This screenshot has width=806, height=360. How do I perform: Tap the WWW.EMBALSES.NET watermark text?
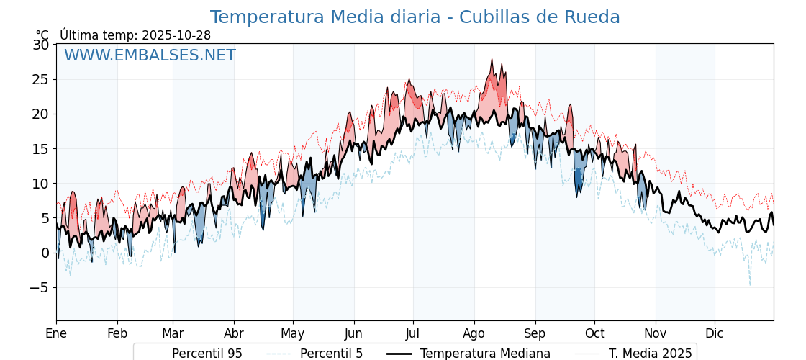pos(150,55)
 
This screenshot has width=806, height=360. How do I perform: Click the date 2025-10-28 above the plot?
pos(176,35)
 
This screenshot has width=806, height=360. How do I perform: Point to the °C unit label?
pos(42,35)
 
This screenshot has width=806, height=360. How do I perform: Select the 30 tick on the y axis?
pos(41,45)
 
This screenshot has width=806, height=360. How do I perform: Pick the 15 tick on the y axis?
pos(41,148)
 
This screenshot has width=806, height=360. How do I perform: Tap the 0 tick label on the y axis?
pos(45,253)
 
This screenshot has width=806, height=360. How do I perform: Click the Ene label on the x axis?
pos(56,333)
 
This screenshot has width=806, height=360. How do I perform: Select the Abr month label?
pos(234,333)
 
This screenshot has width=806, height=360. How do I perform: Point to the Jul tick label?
pos(413,333)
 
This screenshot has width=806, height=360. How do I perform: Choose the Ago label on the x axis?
pos(474,333)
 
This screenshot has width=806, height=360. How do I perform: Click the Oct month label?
pos(594,333)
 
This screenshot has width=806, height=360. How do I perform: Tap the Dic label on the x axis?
pos(715,333)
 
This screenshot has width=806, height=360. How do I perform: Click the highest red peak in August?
pos(492,60)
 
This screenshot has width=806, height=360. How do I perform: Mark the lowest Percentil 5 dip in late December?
pos(749,284)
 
